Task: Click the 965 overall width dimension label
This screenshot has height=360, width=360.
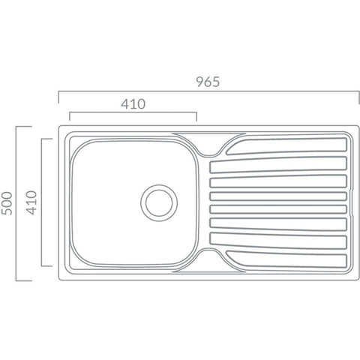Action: click(208, 82)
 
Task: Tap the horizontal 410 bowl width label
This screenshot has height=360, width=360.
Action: click(133, 104)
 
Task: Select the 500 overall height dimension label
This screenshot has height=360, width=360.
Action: click(7, 203)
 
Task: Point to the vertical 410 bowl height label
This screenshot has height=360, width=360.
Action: click(31, 202)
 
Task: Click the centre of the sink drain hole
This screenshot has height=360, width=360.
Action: click(159, 202)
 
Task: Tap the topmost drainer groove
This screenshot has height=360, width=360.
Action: click(286, 146)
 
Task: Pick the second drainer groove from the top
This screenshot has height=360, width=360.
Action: click(278, 165)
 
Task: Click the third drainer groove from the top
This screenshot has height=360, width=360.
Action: click(278, 181)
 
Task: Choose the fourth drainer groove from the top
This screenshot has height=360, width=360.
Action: click(278, 196)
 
